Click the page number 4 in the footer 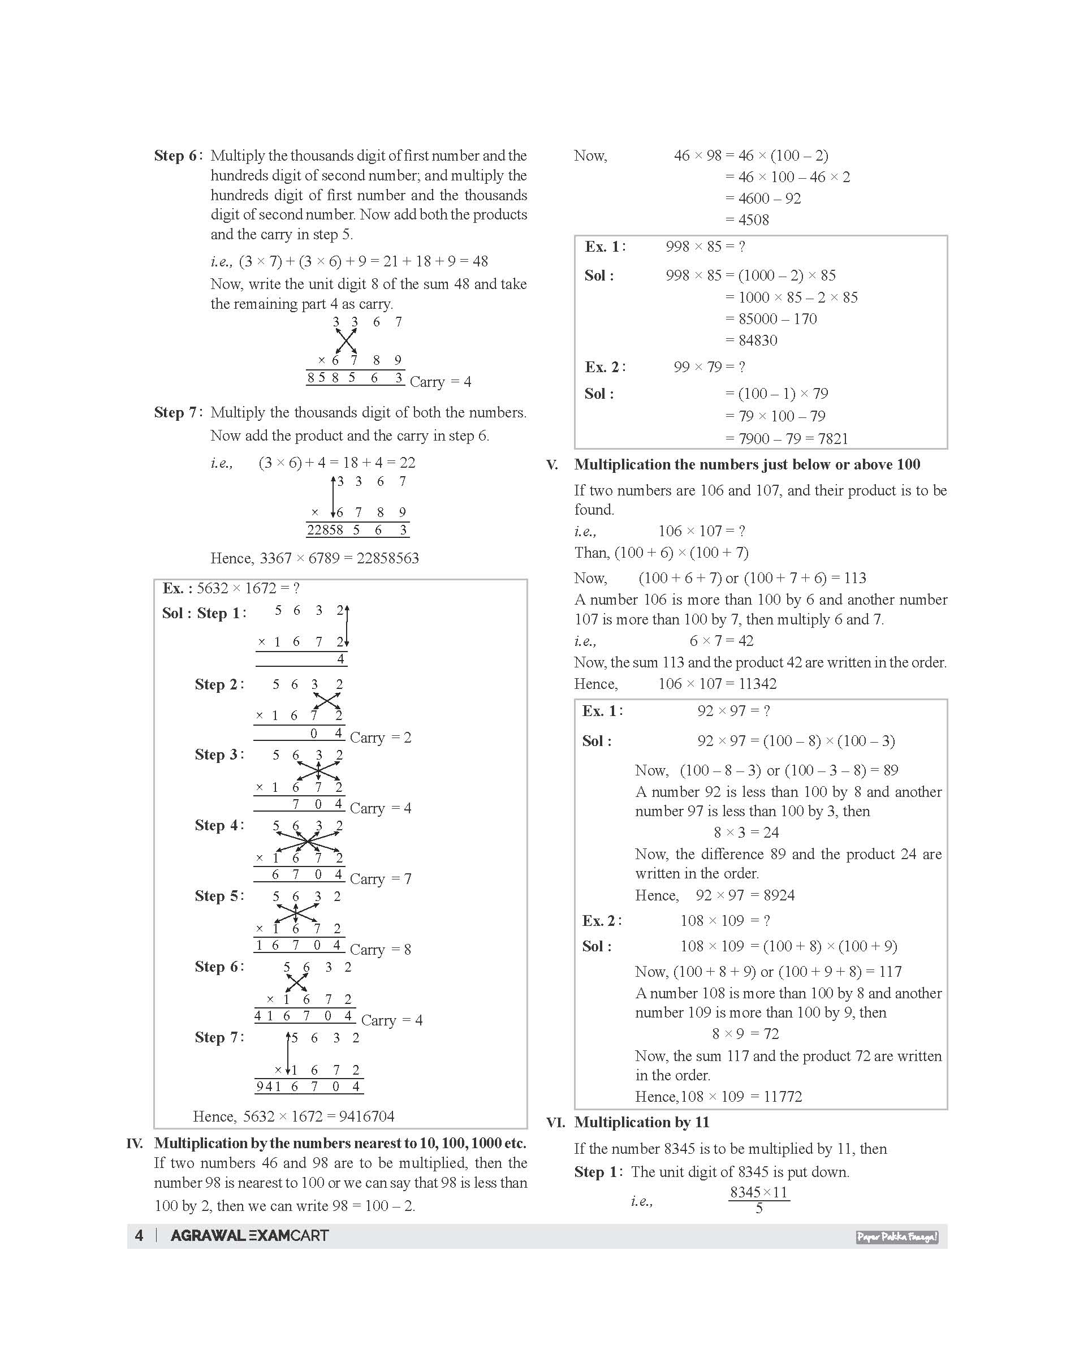(139, 1236)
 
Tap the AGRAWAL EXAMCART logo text (250, 1236)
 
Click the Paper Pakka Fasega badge (897, 1237)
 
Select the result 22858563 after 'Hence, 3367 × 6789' (388, 558)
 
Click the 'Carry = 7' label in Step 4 (381, 879)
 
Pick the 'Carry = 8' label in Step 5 (381, 950)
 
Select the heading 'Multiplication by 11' (642, 1123)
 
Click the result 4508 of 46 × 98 (753, 219)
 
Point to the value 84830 (758, 340)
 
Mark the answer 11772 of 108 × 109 (783, 1097)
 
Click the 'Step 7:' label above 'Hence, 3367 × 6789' (178, 413)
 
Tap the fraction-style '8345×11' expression (758, 1192)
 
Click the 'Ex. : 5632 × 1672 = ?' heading (231, 589)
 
